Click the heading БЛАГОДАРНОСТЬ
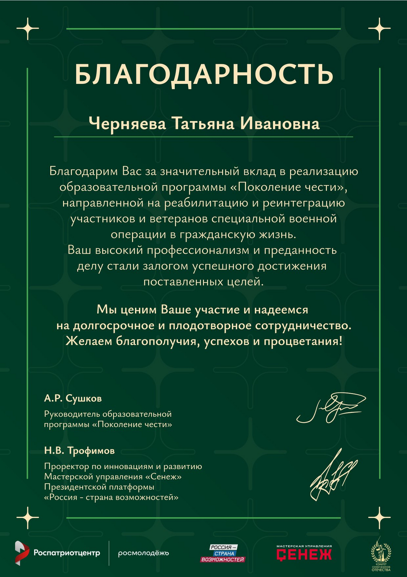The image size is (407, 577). tap(203, 74)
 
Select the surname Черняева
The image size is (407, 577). tap(127, 124)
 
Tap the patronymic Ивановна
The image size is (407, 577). tap(280, 124)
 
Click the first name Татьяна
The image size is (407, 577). tap(203, 124)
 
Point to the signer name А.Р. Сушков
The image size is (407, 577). tap(73, 398)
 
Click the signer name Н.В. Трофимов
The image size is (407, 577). tap(79, 451)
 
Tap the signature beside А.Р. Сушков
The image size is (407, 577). tap(331, 407)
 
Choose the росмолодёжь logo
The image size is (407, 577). tap(143, 553)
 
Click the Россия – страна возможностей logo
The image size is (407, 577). tap(223, 553)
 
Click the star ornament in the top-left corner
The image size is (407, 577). tap(28, 29)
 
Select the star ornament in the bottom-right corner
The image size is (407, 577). tap(379, 518)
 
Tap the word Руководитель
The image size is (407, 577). tap(72, 414)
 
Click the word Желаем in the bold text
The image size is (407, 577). tap(89, 341)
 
